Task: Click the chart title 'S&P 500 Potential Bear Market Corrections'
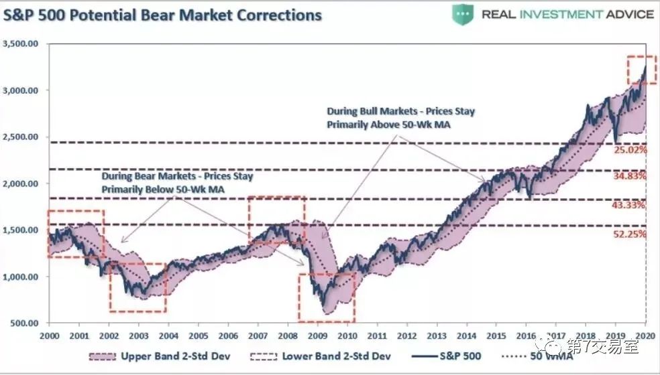(x=162, y=14)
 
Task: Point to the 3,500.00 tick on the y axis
(x=21, y=44)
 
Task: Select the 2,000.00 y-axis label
(x=21, y=183)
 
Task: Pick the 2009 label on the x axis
(x=317, y=335)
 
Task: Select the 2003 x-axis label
(x=139, y=335)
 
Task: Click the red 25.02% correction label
(x=629, y=151)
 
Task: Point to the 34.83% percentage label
(x=629, y=176)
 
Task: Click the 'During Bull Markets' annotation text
(x=400, y=117)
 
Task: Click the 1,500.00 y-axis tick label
(x=21, y=230)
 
